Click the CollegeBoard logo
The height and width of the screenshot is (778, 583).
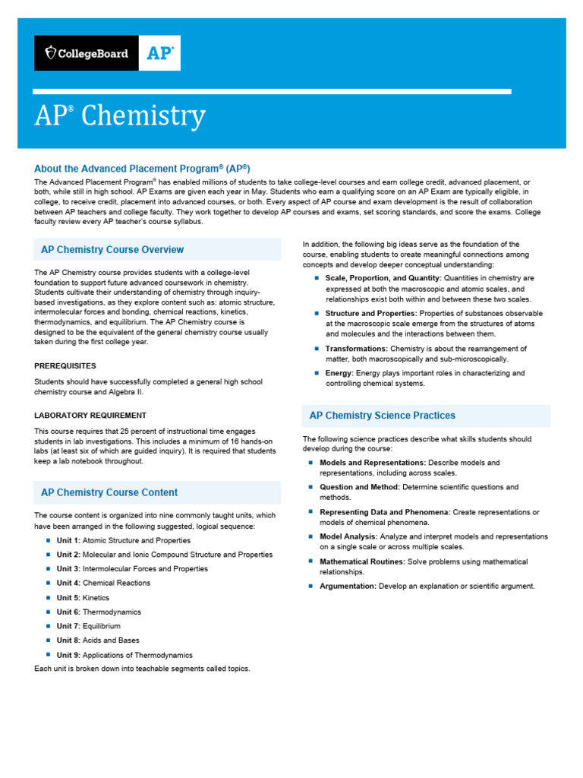pos(87,53)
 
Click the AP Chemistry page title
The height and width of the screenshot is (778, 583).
pos(120,116)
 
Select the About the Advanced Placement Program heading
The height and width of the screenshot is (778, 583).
pos(142,168)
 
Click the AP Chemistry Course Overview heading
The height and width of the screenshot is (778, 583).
pos(112,249)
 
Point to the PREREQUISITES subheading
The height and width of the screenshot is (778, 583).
pos(65,365)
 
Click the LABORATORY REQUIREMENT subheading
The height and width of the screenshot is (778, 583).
pos(90,416)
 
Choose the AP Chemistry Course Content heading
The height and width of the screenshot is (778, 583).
pos(109,492)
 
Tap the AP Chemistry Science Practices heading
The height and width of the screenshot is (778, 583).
pos(383,416)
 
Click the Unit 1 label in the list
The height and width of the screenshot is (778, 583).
pos(68,540)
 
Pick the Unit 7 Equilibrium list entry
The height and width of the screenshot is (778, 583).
pos(88,626)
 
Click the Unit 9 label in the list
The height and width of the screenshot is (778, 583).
pos(68,655)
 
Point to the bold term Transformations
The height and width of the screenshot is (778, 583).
pos(357,349)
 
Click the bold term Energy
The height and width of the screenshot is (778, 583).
pos(339,373)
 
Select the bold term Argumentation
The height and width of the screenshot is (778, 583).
pos(348,586)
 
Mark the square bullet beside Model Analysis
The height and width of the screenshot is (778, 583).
pos(310,536)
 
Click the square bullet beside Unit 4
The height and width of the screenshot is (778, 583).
pos(47,583)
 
